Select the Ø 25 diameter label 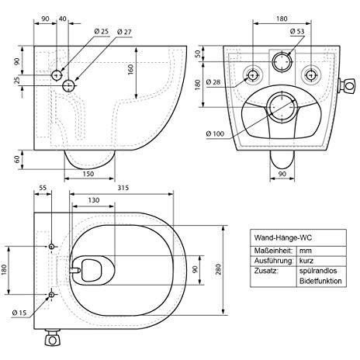click(102, 31)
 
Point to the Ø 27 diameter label click(126, 31)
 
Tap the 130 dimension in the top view click(93, 200)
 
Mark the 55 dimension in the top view click(43, 187)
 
